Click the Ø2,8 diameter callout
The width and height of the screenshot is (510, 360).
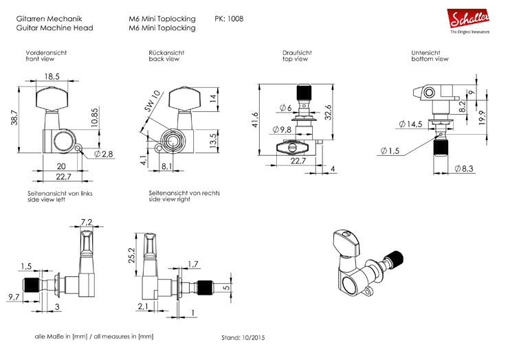(x=104, y=154)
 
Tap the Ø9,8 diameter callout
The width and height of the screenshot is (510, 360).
(x=281, y=130)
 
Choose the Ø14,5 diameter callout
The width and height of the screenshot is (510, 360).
(x=411, y=124)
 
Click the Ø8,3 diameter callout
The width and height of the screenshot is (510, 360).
(x=465, y=169)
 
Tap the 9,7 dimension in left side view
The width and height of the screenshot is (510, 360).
(x=13, y=297)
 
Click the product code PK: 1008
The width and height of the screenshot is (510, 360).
(x=229, y=19)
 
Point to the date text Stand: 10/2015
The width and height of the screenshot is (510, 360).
(x=243, y=338)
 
